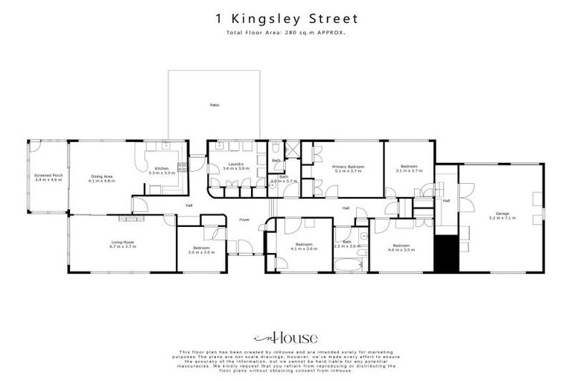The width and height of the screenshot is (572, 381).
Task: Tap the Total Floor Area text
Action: coord(286,34)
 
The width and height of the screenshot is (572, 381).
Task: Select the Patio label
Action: coord(214,105)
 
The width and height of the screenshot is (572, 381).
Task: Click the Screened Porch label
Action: coord(48,176)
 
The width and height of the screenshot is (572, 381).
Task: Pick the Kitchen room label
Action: coord(162,169)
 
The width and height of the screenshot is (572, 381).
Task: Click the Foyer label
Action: coord(244,220)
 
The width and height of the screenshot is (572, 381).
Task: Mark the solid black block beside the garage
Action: coord(444,253)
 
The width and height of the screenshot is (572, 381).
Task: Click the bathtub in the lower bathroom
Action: coord(346,266)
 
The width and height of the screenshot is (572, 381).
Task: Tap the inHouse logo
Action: coord(285,336)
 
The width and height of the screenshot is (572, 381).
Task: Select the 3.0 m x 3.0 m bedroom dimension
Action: coord(200,252)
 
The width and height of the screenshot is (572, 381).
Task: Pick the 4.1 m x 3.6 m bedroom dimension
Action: coord(302,249)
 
